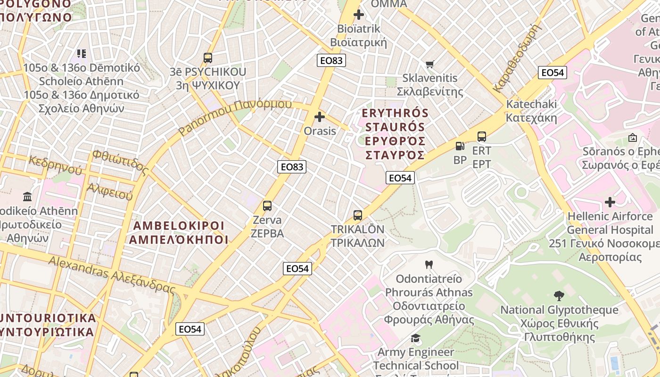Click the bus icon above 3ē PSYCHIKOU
coord(207,58)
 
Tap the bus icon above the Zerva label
coord(267,206)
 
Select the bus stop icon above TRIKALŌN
coord(358,215)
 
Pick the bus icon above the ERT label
coord(481,137)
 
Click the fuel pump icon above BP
coord(460,146)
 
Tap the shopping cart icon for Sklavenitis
coord(429,64)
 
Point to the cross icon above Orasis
coord(320,117)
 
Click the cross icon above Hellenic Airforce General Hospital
coord(610,202)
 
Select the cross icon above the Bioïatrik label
coord(359,15)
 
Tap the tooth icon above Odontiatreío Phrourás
coord(429,265)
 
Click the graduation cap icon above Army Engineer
coord(415,338)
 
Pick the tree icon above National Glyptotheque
coord(559,296)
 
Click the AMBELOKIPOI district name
coord(179,232)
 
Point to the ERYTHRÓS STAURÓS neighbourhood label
coord(395,134)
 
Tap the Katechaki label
coord(531,111)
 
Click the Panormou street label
coord(235,116)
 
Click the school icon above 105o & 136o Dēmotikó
coord(82,54)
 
